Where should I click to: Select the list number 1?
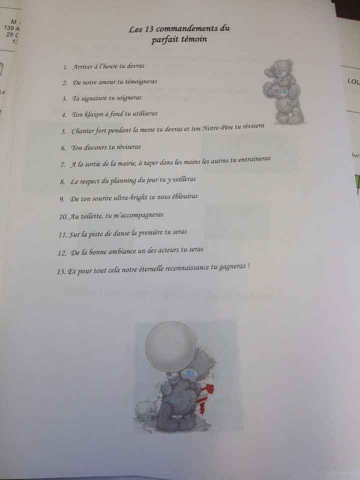[65, 67]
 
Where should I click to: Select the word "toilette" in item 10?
[87, 216]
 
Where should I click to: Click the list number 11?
[62, 234]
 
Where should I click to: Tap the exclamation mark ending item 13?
[248, 266]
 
